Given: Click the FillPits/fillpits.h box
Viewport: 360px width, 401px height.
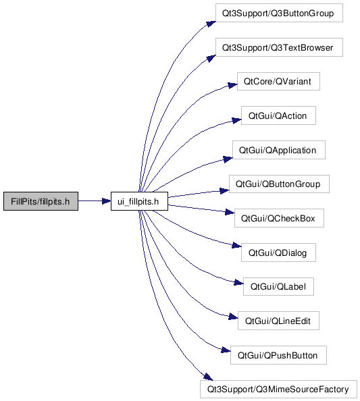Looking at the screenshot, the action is tap(41, 201).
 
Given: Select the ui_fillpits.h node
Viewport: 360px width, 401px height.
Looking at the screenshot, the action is tap(139, 201).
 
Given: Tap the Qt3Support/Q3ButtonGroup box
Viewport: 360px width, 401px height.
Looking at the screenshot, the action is tap(279, 13).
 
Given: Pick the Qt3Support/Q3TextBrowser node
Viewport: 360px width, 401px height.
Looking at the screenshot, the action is tap(279, 47).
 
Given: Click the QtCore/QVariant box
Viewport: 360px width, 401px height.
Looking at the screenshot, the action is tap(278, 81).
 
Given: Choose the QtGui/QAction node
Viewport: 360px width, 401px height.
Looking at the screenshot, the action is tap(278, 115).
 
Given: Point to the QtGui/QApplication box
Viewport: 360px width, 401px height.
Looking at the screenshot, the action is tap(279, 150).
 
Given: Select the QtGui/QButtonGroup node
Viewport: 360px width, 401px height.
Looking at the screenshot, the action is tap(279, 184).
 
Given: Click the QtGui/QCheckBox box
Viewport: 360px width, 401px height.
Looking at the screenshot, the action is tap(279, 218).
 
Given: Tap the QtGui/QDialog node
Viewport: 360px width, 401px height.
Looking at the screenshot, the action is tap(278, 252).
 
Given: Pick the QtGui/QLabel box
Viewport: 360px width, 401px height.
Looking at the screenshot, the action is tap(278, 286).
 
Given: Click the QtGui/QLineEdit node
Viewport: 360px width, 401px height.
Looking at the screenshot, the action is tap(278, 321).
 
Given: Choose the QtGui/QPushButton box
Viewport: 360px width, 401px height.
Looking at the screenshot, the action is tap(278, 355).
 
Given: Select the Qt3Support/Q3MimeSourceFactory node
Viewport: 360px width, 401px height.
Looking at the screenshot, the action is tap(278, 390).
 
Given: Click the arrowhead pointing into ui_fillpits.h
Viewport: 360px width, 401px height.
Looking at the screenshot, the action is tap(107, 201).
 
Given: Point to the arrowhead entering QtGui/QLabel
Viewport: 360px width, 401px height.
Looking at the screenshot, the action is tap(238, 282).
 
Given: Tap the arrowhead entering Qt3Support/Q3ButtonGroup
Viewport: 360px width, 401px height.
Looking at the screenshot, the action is tap(211, 24).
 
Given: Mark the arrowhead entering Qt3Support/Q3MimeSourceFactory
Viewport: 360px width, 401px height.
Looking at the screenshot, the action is tap(208, 377).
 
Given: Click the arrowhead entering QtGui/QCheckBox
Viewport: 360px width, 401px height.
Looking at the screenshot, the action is tap(230, 212).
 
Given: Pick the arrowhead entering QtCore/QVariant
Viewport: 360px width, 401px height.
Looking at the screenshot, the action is tap(232, 86).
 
